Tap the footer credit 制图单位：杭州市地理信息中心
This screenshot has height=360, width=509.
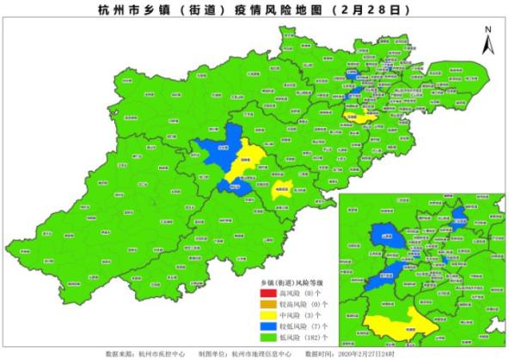click(x=250, y=353)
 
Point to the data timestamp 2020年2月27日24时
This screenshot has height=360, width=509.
click(x=370, y=353)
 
